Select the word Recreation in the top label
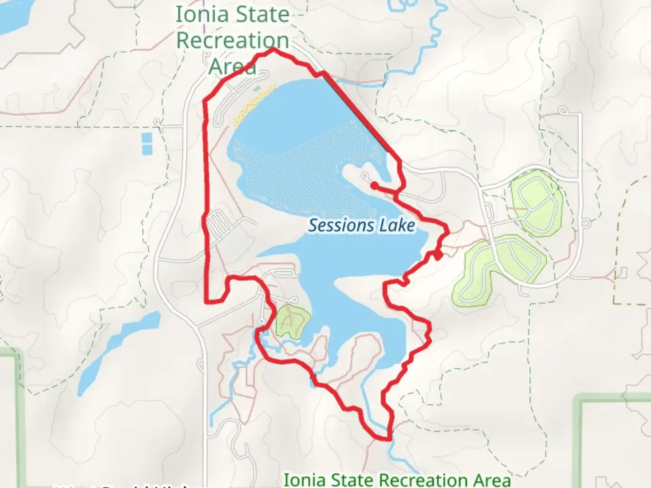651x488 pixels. (232, 40)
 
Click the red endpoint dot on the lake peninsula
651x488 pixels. (374, 185)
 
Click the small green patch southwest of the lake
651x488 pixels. (292, 320)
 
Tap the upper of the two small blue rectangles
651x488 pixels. (147, 137)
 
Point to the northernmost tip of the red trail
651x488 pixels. (273, 49)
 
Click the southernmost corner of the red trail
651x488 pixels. (388, 438)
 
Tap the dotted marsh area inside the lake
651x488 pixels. (307, 172)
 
